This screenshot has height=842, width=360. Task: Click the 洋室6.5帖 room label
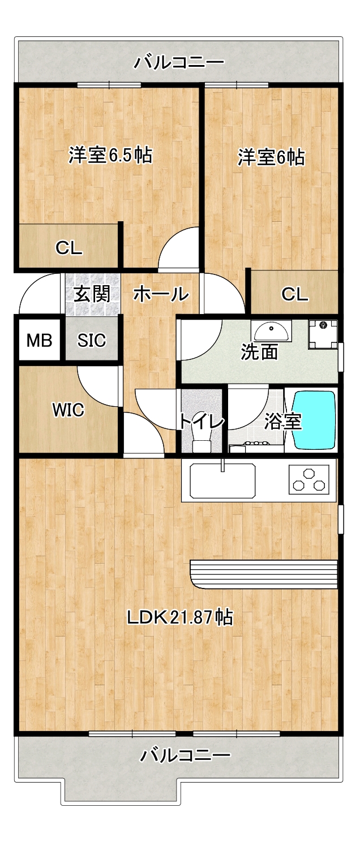click(110, 155)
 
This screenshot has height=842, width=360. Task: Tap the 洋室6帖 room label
click(271, 157)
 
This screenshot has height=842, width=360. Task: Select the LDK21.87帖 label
click(180, 617)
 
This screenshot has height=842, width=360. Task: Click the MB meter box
click(39, 340)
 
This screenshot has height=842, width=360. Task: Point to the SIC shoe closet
click(91, 340)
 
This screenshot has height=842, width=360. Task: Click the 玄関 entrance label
click(92, 294)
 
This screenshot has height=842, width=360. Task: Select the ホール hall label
click(161, 294)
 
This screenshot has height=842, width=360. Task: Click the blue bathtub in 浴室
click(314, 420)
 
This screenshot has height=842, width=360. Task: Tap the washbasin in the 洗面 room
click(271, 331)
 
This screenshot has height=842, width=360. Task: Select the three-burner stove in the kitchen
click(309, 480)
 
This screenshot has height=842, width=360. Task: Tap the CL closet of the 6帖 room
click(294, 292)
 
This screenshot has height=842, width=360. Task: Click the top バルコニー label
click(179, 62)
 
